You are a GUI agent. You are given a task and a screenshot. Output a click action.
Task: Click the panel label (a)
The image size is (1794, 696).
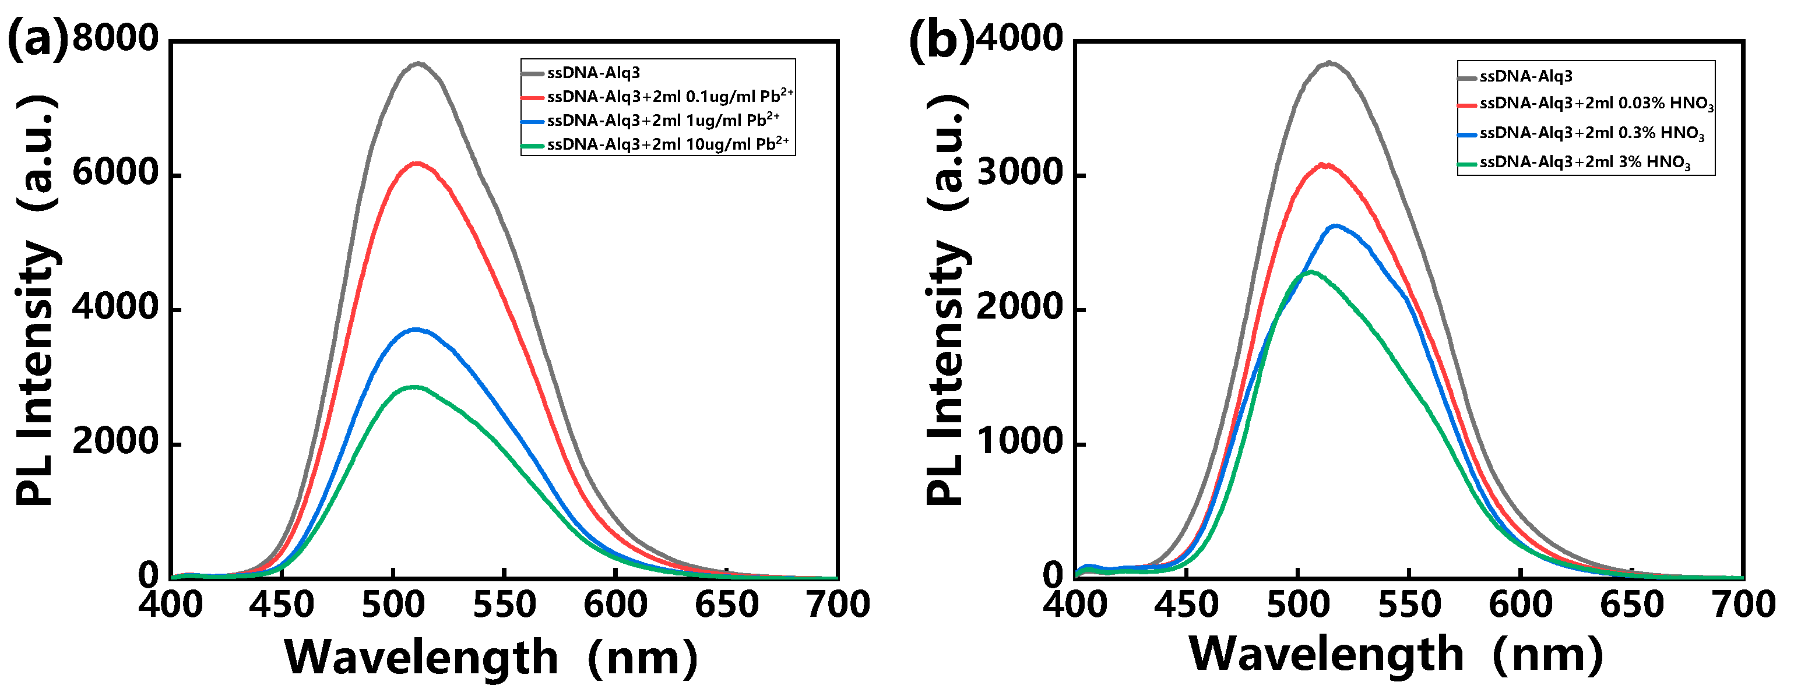[38, 40]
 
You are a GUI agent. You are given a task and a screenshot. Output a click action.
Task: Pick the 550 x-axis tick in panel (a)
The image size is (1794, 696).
[504, 604]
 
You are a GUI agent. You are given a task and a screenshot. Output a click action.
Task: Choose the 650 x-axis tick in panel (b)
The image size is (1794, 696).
[1632, 604]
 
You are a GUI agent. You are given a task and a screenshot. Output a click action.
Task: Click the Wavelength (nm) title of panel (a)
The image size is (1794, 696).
[491, 657]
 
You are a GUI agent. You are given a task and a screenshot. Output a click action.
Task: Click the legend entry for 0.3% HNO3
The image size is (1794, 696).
[1591, 133]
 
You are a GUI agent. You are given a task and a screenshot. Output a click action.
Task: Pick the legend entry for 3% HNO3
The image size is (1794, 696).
[1584, 162]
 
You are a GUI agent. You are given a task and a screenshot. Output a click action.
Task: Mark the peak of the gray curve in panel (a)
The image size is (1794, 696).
[418, 64]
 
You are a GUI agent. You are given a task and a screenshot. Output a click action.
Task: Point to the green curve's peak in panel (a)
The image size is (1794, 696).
[414, 387]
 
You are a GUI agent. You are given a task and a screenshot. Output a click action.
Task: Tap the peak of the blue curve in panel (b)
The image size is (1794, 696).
[1336, 225]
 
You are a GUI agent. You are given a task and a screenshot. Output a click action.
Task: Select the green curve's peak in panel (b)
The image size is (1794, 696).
[1311, 272]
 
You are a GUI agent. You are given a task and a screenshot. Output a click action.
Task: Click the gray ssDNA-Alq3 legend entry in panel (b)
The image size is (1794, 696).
[1525, 76]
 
